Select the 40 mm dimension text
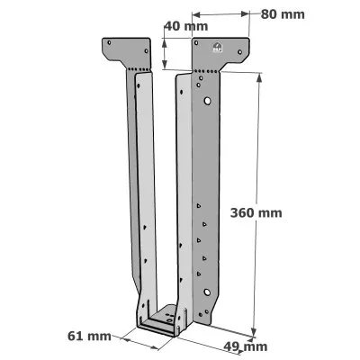(x=186, y=26)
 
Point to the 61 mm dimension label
(x=89, y=337)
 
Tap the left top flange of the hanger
(x=126, y=52)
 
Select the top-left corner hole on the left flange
(x=109, y=42)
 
